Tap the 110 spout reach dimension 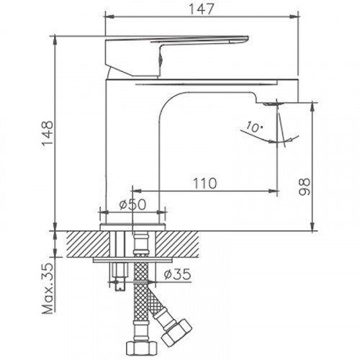tap(204, 184)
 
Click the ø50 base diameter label tap(132, 204)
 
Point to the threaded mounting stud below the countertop tap(117, 274)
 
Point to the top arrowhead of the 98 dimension tap(312, 106)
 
